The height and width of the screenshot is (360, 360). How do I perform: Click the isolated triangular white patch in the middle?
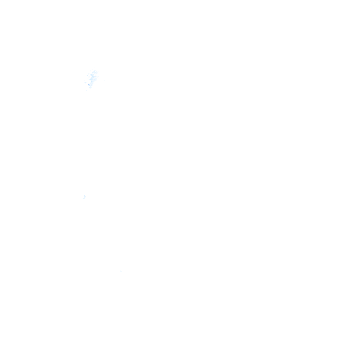[84, 197]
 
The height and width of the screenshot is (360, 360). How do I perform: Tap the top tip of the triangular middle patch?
[84, 195]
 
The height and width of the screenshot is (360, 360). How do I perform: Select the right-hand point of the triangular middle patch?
[87, 197]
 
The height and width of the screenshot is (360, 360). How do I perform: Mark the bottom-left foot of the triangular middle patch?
[82, 198]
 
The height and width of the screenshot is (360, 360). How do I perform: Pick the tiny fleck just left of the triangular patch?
[81, 197]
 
